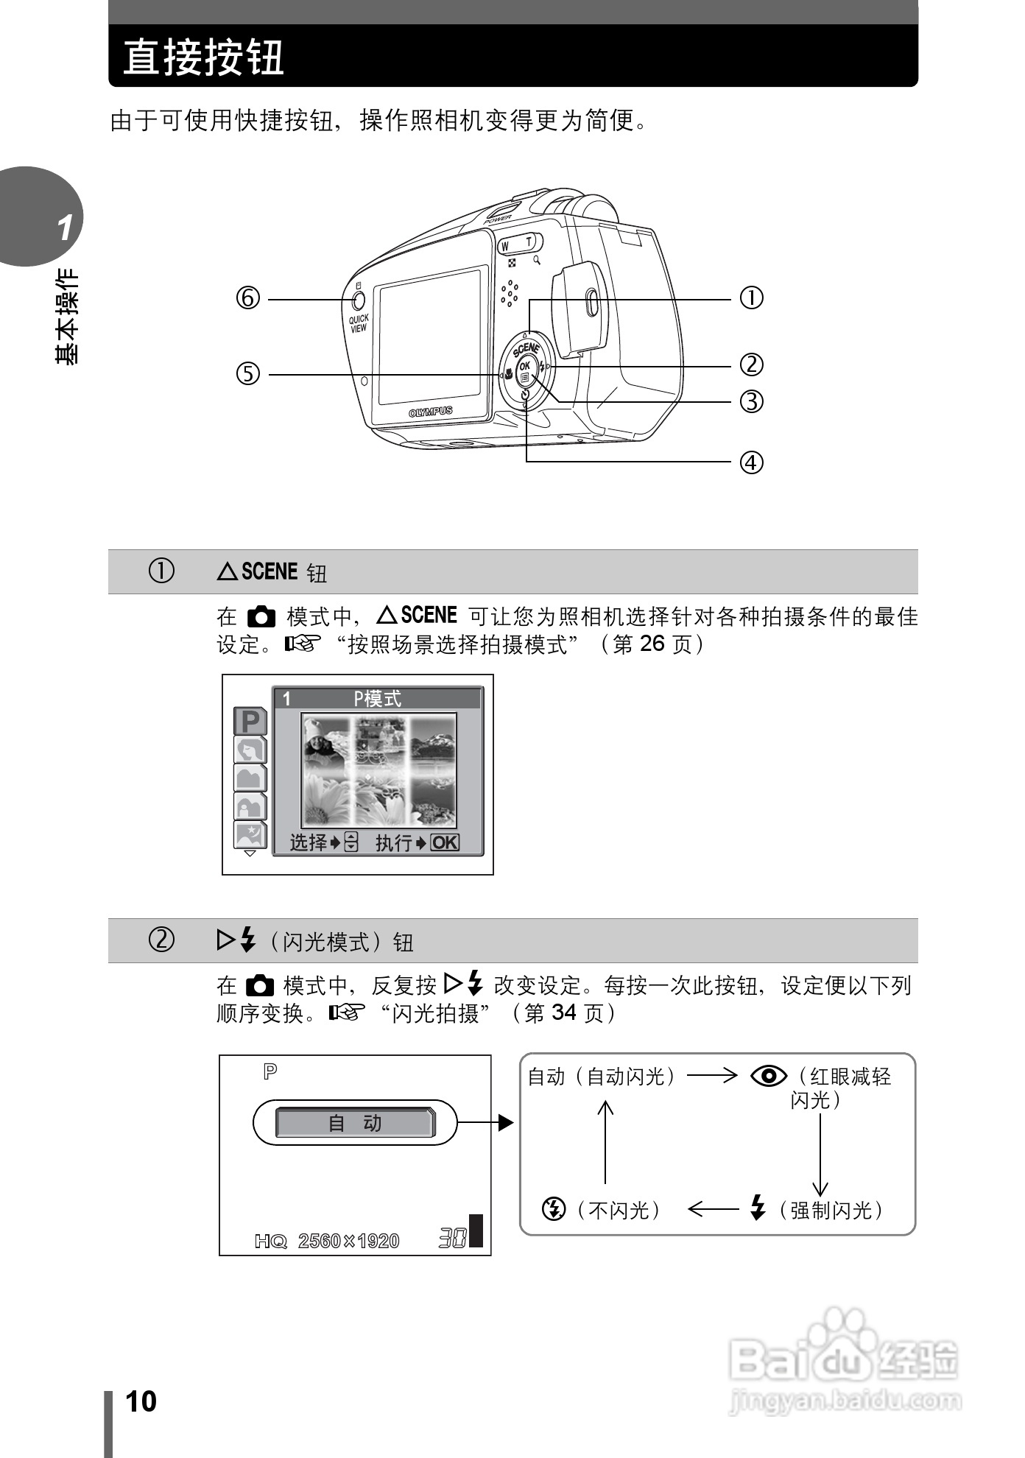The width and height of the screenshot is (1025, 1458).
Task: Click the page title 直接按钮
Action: point(204,57)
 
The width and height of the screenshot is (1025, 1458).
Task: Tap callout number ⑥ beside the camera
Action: point(248,299)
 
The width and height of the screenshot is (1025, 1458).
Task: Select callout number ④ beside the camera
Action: point(751,462)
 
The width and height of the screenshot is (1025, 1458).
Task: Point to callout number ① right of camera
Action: point(751,298)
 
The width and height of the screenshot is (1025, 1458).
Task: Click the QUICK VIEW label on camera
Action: point(359,324)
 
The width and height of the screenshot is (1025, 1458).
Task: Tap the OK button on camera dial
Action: point(524,366)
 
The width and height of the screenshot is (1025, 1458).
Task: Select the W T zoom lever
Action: point(518,244)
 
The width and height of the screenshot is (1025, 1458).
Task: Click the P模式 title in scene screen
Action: point(377,699)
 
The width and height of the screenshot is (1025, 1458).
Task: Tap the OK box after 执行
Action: point(445,842)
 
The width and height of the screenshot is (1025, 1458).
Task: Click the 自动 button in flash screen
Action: point(355,1123)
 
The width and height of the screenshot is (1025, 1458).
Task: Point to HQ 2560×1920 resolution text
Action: point(327,1242)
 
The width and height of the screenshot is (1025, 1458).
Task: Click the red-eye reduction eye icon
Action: point(769,1077)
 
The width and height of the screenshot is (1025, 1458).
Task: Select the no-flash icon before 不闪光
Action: point(554,1209)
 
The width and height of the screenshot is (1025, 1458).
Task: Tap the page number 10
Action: point(141,1402)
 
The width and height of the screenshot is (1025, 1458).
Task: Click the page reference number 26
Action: point(652,644)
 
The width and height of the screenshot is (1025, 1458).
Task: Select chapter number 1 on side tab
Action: point(65,228)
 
